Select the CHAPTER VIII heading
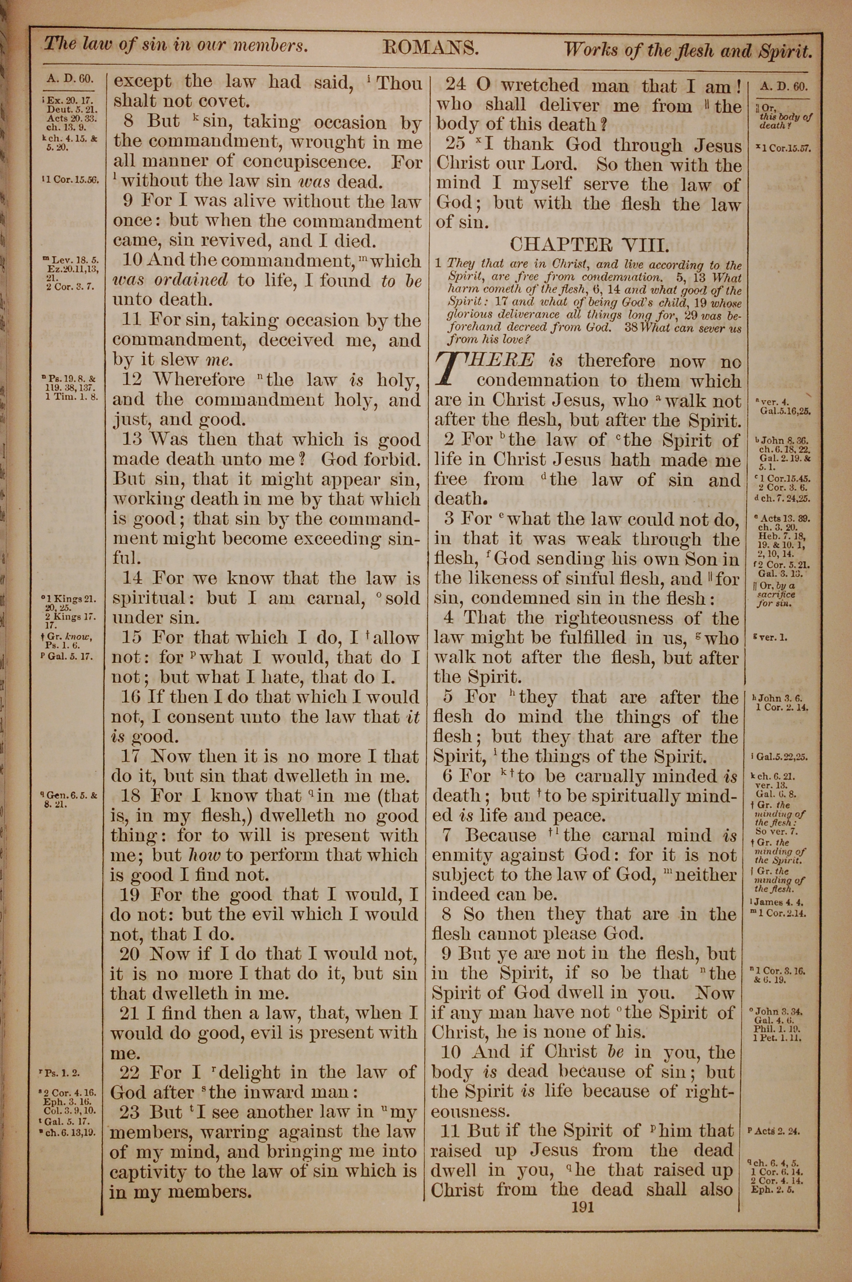click(x=589, y=245)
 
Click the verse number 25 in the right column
click(x=455, y=144)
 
